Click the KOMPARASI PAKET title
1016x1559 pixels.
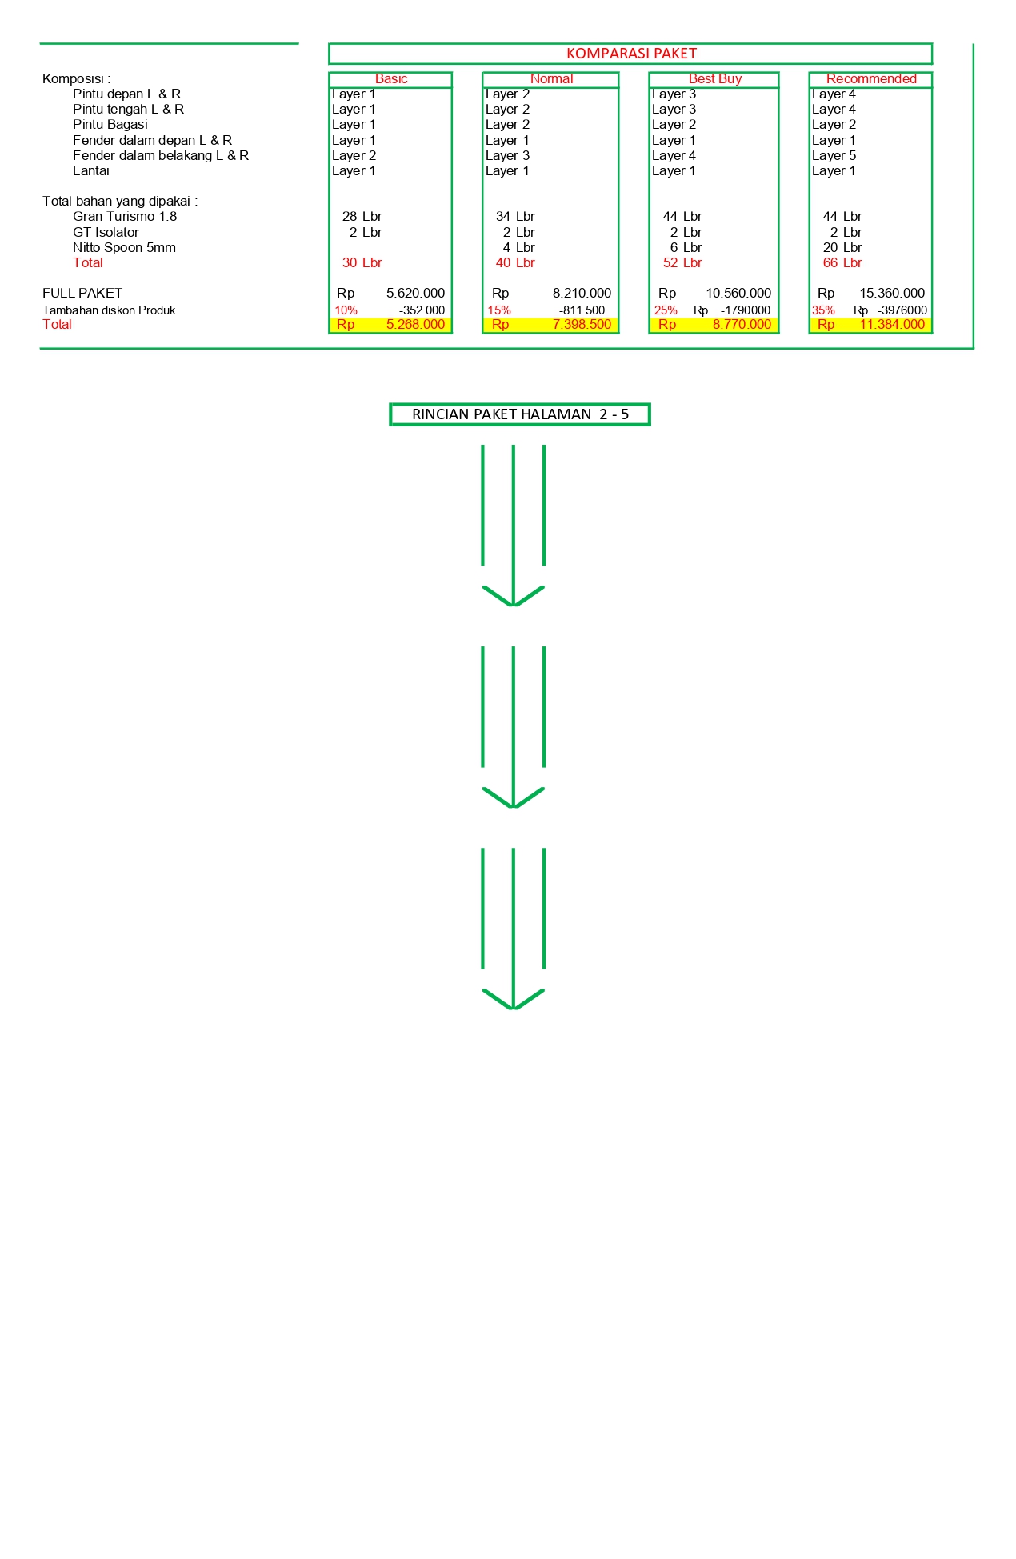[x=631, y=54]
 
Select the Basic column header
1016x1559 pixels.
[x=391, y=78]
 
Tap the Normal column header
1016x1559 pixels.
[x=551, y=78]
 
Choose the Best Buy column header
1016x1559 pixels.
[x=714, y=78]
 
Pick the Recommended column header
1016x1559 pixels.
[x=871, y=78]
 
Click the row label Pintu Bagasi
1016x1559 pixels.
[x=110, y=125]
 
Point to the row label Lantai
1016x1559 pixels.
[x=90, y=170]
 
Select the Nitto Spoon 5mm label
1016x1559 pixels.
[x=124, y=247]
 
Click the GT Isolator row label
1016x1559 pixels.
[x=106, y=232]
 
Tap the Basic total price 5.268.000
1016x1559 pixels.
[x=415, y=325]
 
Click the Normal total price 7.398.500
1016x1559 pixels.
[x=582, y=325]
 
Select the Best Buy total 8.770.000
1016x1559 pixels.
[x=742, y=325]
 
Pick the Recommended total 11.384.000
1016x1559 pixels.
[x=892, y=325]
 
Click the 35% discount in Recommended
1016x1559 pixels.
[x=823, y=310]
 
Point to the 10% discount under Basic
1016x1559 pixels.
[x=346, y=310]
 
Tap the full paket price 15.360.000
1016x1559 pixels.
[x=892, y=294]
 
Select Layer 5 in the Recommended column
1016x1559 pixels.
[x=834, y=155]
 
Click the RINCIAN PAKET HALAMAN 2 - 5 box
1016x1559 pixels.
[x=520, y=414]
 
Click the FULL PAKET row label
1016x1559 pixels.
[x=82, y=294]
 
